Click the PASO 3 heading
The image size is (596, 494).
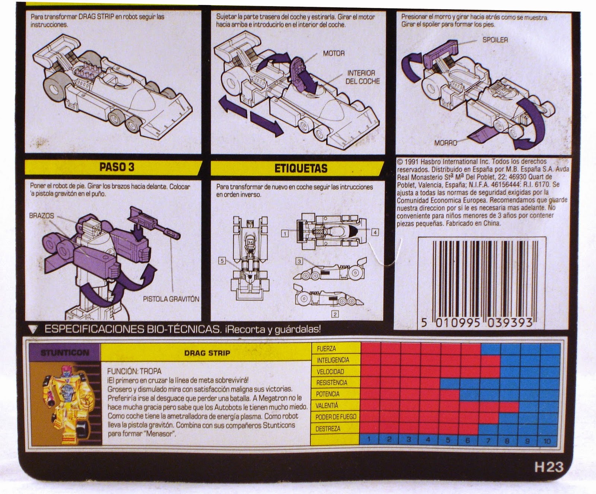point(117,167)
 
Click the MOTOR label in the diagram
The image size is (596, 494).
point(334,54)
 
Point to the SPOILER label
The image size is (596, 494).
point(495,40)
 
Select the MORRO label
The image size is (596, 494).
point(446,143)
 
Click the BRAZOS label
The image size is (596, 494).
point(42,216)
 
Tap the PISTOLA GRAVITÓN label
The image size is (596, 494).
point(171,299)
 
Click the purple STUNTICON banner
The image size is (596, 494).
point(65,352)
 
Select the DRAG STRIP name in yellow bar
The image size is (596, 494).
point(207,353)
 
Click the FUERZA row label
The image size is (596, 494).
point(326,349)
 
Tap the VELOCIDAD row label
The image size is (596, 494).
point(330,372)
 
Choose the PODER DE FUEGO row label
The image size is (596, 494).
point(336,417)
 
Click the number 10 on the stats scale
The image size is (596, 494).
point(547,441)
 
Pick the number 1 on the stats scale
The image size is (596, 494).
point(369,439)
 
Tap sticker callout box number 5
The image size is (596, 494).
point(222,261)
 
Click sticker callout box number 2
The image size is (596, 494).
point(335,315)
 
